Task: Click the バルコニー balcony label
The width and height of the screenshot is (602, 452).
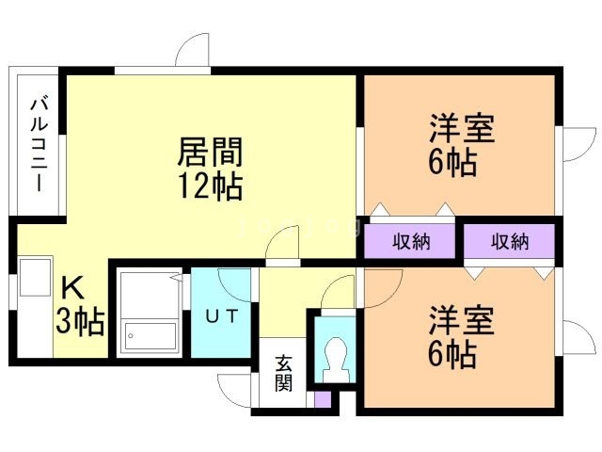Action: coord(39,143)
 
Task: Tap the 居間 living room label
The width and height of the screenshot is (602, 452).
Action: coord(211,152)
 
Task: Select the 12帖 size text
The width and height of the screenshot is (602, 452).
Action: coord(211,186)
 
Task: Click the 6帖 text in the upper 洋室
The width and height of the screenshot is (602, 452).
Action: coord(451,162)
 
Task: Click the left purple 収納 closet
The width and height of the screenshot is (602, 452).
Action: coord(411,241)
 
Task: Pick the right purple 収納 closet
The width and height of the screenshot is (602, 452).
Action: coord(509,241)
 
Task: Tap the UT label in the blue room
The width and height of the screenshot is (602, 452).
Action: coord(222,315)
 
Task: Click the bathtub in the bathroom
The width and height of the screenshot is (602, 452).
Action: coord(150,336)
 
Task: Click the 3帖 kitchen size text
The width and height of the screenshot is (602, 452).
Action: coord(79,322)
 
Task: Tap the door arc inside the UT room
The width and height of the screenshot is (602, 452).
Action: coord(235,284)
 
